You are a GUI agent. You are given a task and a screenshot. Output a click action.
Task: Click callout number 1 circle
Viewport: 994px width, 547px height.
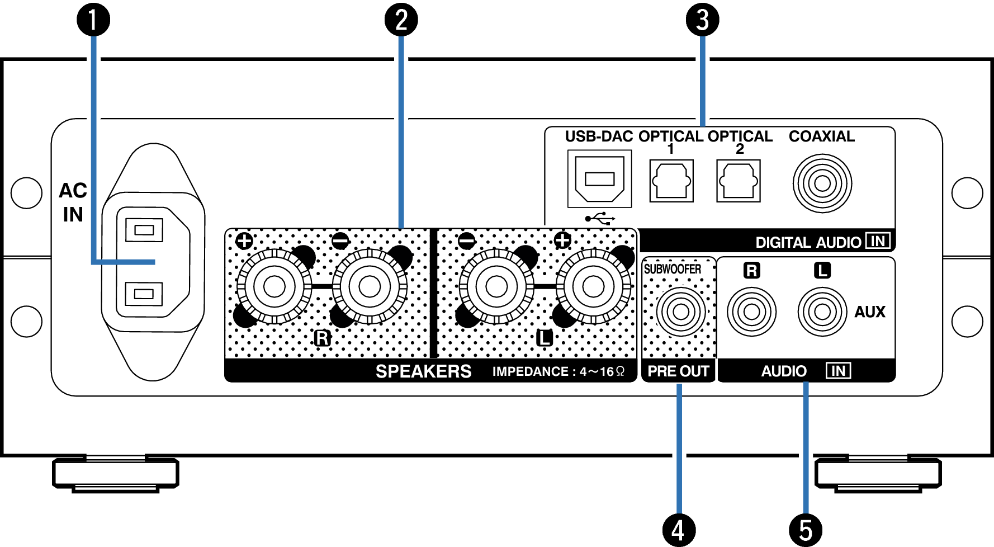[x=93, y=20]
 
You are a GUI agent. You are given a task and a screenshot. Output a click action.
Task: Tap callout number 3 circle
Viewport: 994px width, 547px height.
[x=702, y=20]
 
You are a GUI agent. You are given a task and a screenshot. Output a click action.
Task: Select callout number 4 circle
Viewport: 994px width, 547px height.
[x=678, y=530]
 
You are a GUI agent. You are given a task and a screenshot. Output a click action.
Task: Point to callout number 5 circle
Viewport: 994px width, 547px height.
[x=805, y=530]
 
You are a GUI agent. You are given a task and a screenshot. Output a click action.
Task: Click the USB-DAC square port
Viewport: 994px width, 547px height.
[x=599, y=179]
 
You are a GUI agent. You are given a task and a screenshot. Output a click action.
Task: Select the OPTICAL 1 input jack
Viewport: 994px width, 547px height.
[x=671, y=181]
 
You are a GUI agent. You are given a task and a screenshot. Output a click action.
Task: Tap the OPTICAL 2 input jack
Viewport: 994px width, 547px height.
[x=739, y=181]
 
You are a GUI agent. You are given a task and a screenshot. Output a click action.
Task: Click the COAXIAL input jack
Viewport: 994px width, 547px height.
[x=822, y=183]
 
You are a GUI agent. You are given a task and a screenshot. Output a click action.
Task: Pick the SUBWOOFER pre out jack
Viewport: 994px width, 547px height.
[x=680, y=311]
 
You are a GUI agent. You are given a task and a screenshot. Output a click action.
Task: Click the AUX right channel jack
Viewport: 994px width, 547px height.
[x=751, y=312]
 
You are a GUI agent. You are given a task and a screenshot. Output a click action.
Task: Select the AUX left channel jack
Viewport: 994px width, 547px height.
[x=822, y=312]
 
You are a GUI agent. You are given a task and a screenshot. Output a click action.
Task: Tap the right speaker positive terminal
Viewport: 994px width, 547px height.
[x=274, y=286]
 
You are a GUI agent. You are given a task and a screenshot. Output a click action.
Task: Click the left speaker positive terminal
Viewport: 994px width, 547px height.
[x=593, y=286]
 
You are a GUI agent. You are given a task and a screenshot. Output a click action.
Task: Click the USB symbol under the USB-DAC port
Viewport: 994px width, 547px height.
[x=600, y=218]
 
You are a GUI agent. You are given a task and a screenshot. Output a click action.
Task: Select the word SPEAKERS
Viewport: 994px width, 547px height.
[x=423, y=371]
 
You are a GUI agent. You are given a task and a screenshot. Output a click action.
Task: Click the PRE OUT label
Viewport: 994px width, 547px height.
[x=678, y=371]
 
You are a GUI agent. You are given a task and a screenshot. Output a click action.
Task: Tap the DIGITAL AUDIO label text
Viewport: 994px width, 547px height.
[x=808, y=242]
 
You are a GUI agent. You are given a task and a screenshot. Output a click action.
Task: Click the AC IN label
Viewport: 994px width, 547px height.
[x=73, y=202]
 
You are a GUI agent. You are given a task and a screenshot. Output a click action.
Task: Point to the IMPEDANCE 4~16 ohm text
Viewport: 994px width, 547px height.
[x=558, y=372]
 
